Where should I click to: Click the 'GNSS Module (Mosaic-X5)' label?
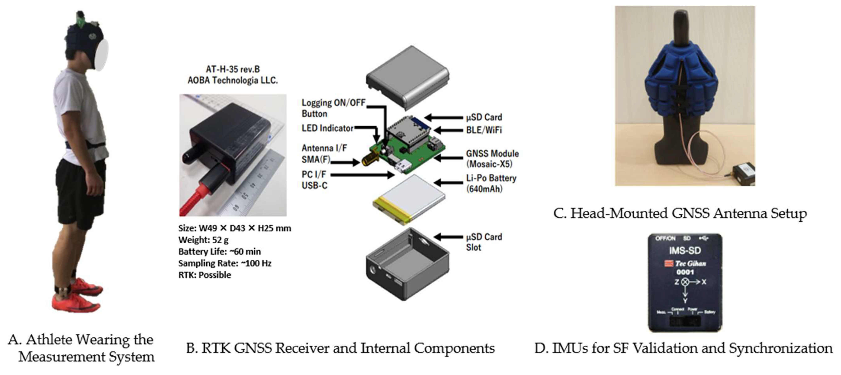click(x=492, y=159)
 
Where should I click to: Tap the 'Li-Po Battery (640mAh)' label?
click(x=491, y=183)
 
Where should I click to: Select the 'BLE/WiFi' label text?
click(x=484, y=130)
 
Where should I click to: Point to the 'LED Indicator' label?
click(x=327, y=128)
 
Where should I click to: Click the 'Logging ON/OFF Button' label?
click(x=333, y=108)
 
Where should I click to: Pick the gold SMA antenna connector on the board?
click(x=369, y=159)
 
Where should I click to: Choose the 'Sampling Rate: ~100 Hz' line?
click(x=225, y=263)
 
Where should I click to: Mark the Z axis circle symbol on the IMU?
click(x=685, y=282)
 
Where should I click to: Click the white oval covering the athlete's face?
click(x=101, y=54)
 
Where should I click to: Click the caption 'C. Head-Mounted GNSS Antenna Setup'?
click(x=680, y=214)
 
